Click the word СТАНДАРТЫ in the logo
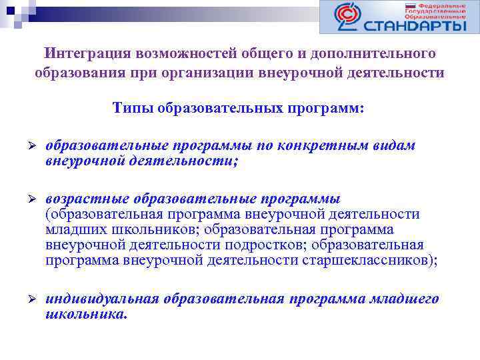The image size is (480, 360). [415, 25]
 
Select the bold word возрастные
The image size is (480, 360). [87, 199]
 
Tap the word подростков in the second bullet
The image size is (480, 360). [272, 245]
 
